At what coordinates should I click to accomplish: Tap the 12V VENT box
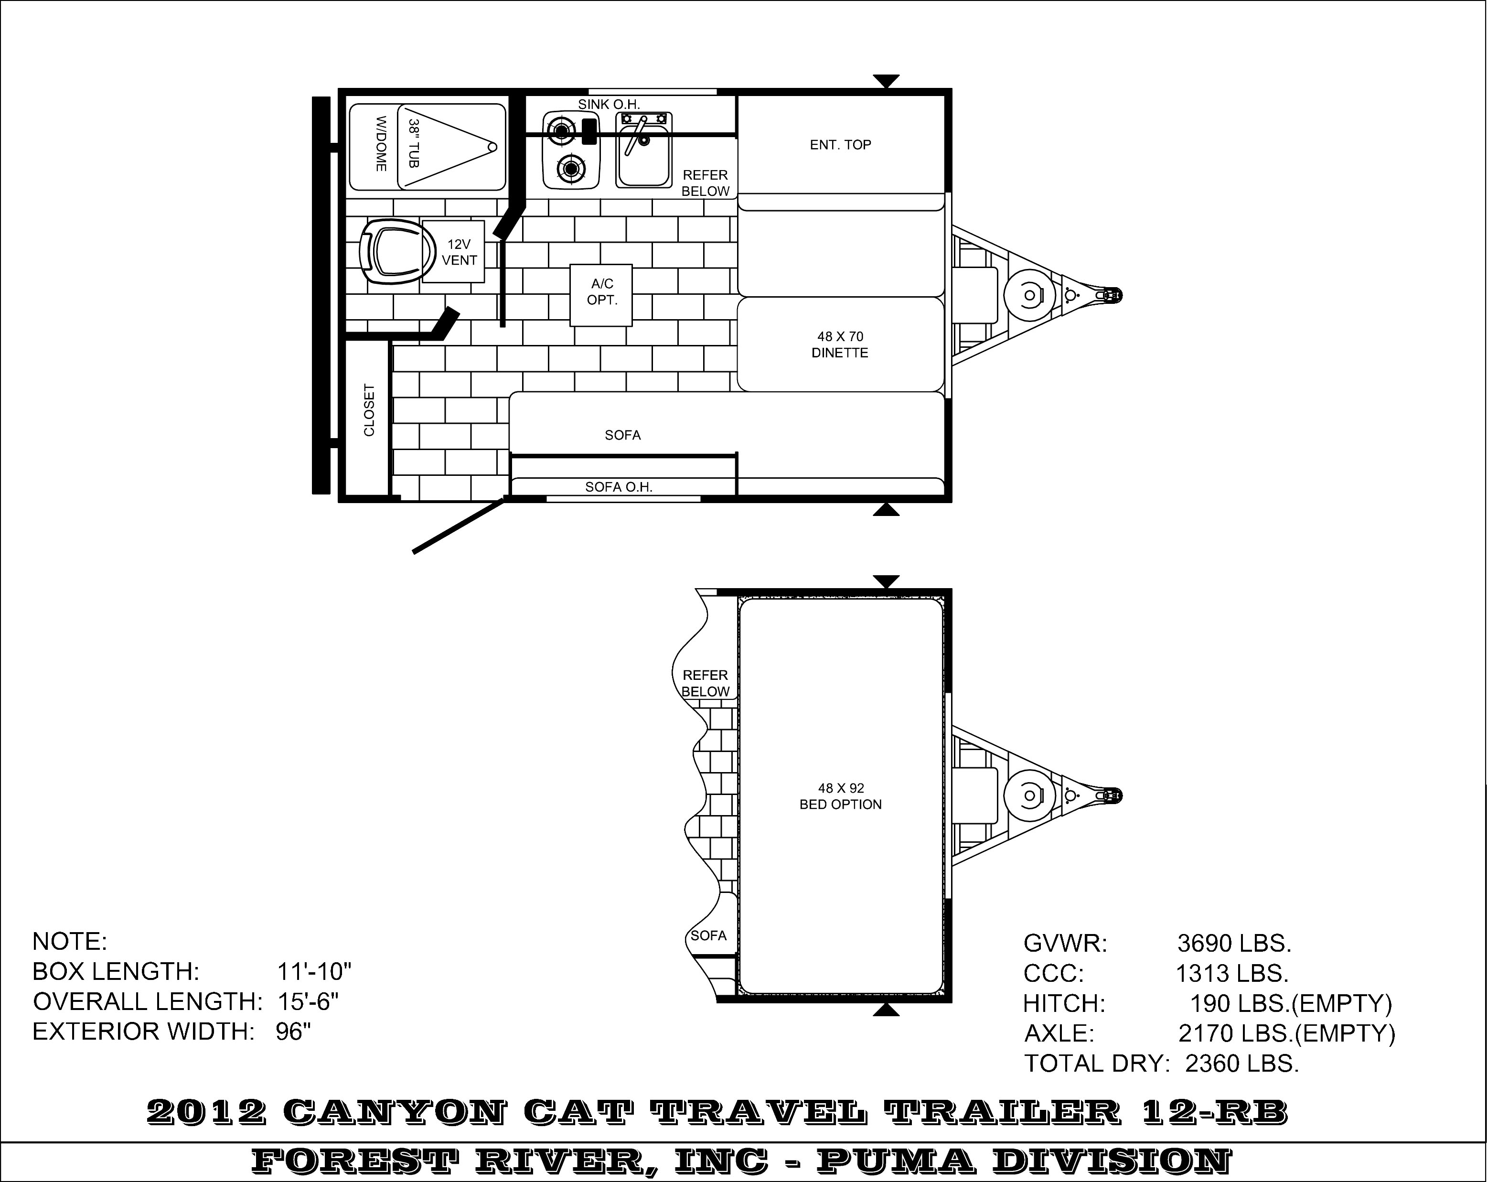coord(453,252)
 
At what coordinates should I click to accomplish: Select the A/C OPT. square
coord(601,295)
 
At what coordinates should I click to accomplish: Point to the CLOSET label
coord(369,410)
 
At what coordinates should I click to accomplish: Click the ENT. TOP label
coord(840,145)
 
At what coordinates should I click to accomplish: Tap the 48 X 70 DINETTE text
coord(840,345)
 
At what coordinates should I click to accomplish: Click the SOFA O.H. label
coord(619,487)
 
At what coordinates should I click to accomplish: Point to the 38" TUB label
coord(414,143)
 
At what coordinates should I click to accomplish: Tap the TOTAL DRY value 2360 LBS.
coord(1242,1064)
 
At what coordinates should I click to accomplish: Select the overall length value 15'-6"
coord(308,1001)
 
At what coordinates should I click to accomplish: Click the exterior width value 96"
coord(293,1032)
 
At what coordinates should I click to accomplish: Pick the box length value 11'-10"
coord(314,972)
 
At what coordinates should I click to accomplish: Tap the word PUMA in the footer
coord(896,1161)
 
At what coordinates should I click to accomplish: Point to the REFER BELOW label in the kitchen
coord(706,183)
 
